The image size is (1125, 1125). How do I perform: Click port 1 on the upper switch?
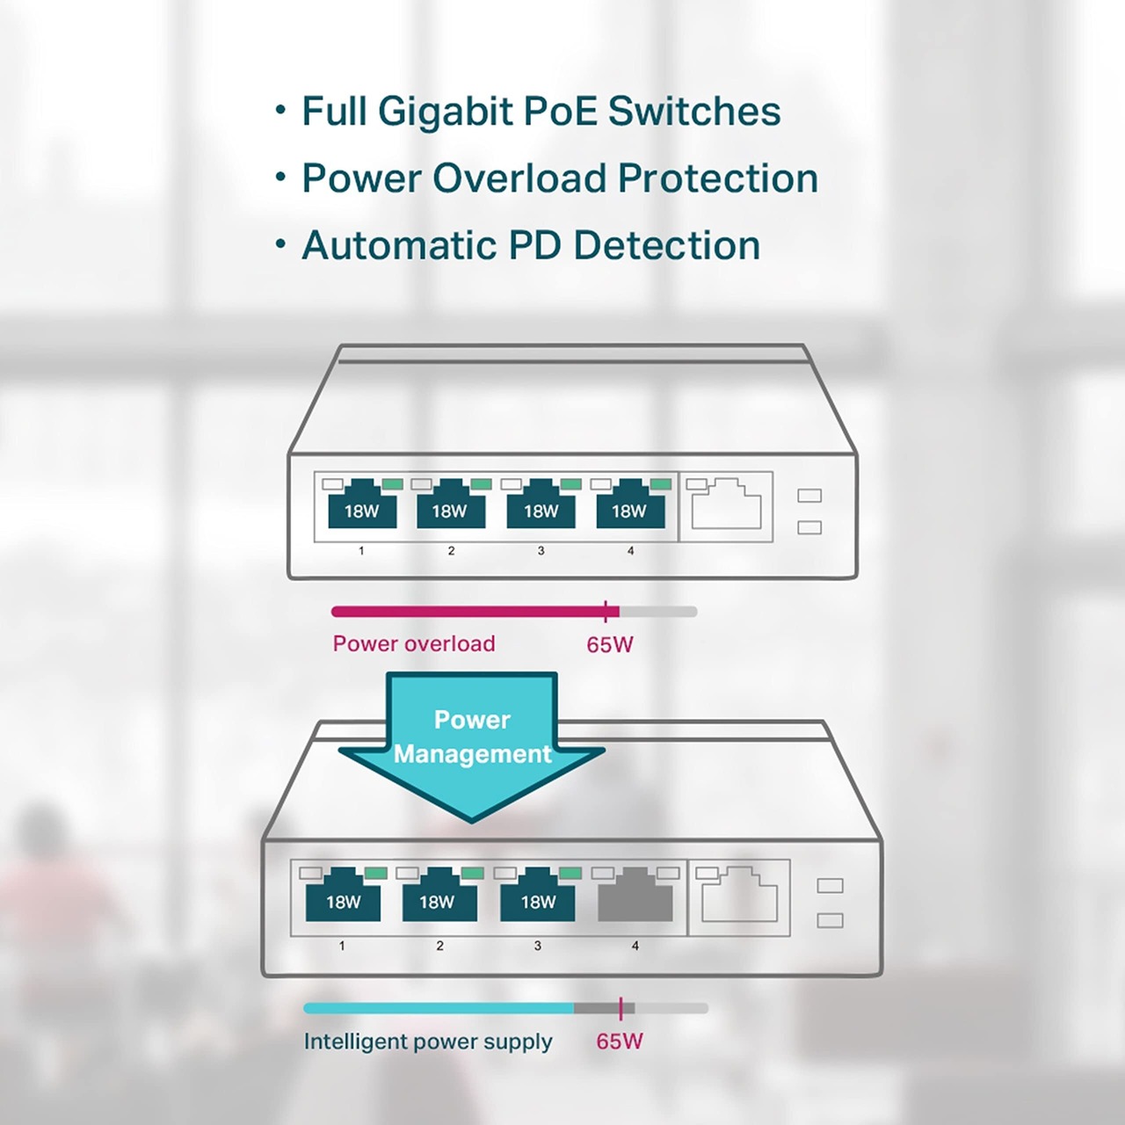361,507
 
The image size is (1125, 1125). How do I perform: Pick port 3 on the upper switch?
541,507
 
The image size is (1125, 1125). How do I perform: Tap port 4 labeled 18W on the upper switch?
629,507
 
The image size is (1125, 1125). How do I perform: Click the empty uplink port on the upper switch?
726,506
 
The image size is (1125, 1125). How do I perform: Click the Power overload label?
414,643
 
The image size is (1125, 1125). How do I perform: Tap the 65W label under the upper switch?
610,645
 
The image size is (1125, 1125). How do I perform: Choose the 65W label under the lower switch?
620,1042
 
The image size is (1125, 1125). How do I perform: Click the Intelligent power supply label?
428,1042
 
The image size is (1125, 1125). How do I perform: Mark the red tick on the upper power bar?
606,612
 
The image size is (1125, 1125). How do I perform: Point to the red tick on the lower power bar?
621,1008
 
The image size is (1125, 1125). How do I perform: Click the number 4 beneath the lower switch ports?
635,946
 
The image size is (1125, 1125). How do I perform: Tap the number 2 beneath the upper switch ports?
451,551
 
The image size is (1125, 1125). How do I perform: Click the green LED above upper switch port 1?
393,483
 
